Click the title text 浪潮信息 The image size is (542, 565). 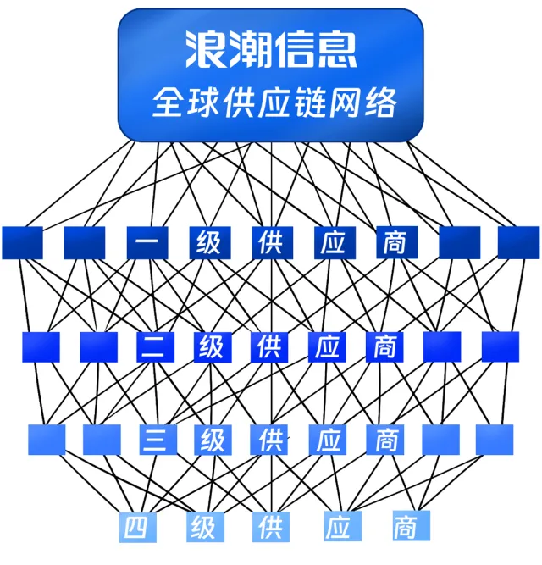pyautogui.click(x=271, y=50)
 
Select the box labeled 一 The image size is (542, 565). pyautogui.click(x=147, y=242)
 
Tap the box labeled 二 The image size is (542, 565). pyautogui.click(x=155, y=347)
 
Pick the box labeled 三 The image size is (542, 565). pyautogui.click(x=154, y=440)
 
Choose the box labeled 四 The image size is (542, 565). pyautogui.click(x=136, y=527)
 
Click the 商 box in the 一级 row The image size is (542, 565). pyautogui.click(x=395, y=242)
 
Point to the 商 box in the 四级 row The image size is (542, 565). pyautogui.click(x=404, y=527)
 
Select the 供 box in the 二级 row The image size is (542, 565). pyautogui.click(x=268, y=347)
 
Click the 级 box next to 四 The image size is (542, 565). pyautogui.click(x=202, y=527)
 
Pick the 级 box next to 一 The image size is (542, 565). pyautogui.click(x=208, y=242)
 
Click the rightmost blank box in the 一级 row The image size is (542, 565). pyautogui.click(x=518, y=242)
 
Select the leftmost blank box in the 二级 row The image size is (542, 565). pyautogui.click(x=41, y=346)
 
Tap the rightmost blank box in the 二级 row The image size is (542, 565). pyautogui.click(x=500, y=346)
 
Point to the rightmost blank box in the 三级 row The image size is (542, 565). pyautogui.click(x=495, y=439)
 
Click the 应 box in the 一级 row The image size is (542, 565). pyautogui.click(x=333, y=242)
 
